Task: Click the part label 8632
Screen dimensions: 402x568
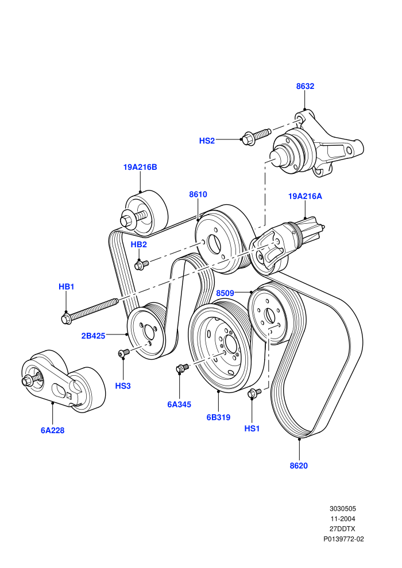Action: pos(305,86)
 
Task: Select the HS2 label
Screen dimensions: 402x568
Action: pos(207,141)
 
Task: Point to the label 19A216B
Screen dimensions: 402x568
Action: pos(140,168)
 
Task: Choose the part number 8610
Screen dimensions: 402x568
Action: pos(198,194)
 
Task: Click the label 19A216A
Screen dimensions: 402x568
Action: pos(305,196)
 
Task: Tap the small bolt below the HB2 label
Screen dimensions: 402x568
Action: pos(141,265)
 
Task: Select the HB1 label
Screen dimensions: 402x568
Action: pos(67,287)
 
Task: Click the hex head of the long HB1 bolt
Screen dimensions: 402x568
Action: pos(67,319)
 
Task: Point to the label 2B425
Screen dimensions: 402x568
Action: pos(93,336)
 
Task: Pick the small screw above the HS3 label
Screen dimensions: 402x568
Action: pos(123,352)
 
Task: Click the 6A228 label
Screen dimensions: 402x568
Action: pos(53,430)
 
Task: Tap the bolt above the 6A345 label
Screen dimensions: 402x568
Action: pos(182,368)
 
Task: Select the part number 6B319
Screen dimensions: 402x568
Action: pos(219,417)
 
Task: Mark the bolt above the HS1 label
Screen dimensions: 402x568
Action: pos(254,392)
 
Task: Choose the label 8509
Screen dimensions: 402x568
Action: pos(225,293)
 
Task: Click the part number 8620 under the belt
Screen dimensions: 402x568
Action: pos(299,466)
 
